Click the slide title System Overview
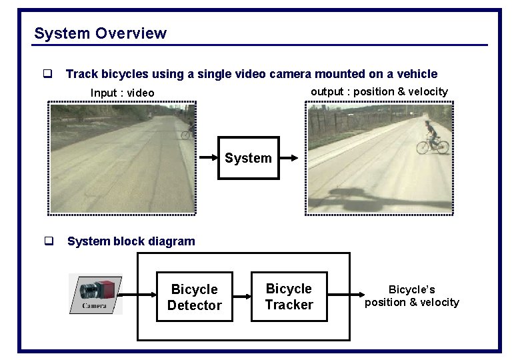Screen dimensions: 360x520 (x=100, y=33)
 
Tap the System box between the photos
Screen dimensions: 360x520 (x=248, y=158)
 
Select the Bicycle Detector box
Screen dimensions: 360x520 (x=194, y=297)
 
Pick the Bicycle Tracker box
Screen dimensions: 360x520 (x=289, y=296)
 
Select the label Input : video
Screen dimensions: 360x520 (x=122, y=93)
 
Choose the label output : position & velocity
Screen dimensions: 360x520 (x=379, y=91)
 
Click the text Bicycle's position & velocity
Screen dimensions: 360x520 (x=411, y=296)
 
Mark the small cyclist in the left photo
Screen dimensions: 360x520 (x=187, y=130)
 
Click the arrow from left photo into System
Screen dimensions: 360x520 (x=207, y=158)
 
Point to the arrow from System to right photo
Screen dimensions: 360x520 (x=290, y=158)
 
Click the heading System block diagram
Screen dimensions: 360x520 (x=131, y=241)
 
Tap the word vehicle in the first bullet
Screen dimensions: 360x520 (x=416, y=74)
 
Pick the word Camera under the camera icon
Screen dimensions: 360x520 (x=94, y=306)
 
